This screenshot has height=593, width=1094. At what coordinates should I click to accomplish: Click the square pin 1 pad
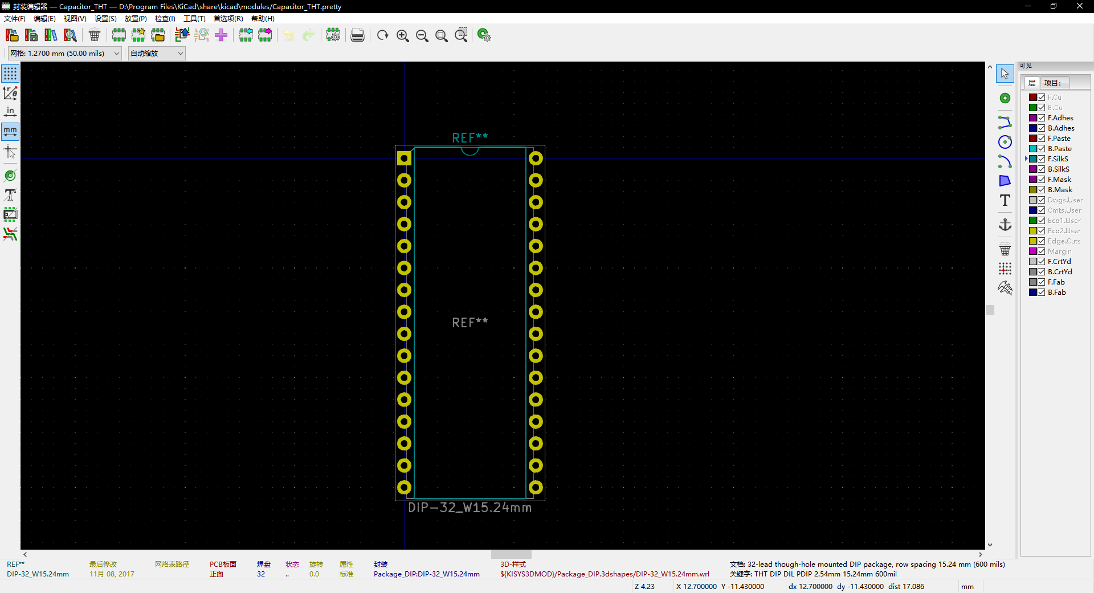point(404,159)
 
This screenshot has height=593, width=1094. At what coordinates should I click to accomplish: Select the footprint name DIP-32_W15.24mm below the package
point(470,507)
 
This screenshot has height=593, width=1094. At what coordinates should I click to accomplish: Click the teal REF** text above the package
point(470,137)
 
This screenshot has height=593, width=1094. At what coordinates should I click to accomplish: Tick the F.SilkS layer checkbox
point(1041,159)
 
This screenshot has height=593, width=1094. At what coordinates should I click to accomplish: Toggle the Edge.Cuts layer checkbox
point(1041,241)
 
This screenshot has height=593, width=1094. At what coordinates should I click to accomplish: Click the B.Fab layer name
point(1056,293)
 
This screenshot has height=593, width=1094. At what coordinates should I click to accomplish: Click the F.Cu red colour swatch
point(1032,98)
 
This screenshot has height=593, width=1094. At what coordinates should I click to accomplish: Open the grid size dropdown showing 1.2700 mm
point(64,54)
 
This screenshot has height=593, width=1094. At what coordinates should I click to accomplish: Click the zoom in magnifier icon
point(402,35)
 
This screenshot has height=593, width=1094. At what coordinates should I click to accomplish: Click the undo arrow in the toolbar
point(289,35)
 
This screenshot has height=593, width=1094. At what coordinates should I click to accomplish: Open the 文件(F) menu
point(15,19)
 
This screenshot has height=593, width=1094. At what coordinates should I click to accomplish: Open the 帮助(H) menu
point(263,19)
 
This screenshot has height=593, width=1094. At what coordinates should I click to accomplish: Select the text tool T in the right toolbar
point(1005,200)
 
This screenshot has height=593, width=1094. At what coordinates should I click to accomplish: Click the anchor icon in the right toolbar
point(1005,225)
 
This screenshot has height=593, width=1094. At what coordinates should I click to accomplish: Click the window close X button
point(1080,6)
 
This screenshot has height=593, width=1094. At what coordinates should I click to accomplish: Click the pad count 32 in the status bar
point(261,574)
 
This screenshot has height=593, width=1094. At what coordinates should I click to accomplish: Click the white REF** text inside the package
point(470,322)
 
